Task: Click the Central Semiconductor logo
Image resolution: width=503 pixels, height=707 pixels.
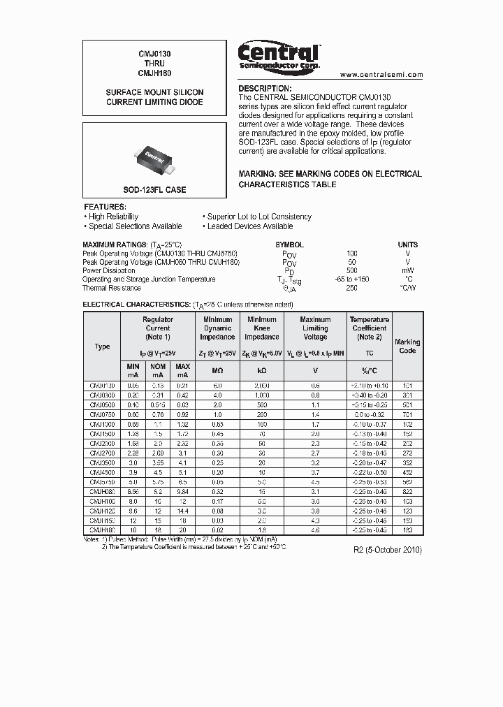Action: (x=279, y=55)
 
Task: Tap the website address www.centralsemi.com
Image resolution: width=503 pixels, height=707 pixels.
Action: (x=381, y=75)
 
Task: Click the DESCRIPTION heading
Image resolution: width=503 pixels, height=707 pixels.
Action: (x=265, y=89)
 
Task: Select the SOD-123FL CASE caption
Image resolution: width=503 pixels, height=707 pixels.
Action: (x=155, y=190)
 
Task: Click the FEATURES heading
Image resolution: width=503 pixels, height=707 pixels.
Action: (x=105, y=207)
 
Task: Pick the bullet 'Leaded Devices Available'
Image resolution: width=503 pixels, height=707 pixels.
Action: (x=250, y=226)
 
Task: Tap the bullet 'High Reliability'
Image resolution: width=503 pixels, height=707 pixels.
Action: (x=112, y=217)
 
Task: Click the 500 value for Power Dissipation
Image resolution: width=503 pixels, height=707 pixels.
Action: (x=352, y=270)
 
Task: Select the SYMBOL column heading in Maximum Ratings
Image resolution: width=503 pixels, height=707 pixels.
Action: (x=289, y=245)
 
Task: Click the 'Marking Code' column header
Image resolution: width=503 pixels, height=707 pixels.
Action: (x=407, y=347)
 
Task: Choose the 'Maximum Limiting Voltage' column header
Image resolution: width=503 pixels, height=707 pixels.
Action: (x=315, y=328)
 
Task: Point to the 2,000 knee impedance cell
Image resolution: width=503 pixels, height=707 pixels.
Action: (x=261, y=386)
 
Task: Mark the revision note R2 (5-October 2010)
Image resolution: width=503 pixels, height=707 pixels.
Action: (x=388, y=550)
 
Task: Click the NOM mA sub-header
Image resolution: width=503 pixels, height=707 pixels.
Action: (x=158, y=370)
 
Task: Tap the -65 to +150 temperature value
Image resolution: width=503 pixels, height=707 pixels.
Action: (x=352, y=279)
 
